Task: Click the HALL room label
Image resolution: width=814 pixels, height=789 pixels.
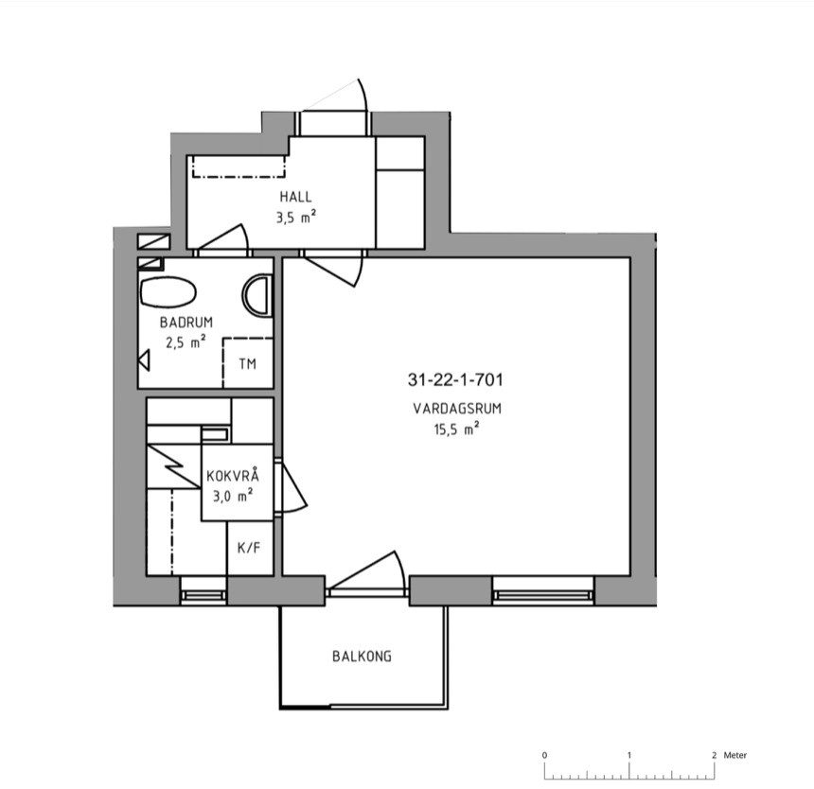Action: tap(296, 197)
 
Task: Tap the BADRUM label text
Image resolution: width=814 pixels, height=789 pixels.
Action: tap(186, 323)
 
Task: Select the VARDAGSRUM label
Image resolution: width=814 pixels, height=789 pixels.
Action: tap(457, 409)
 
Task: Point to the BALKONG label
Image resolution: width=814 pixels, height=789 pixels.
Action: tap(362, 657)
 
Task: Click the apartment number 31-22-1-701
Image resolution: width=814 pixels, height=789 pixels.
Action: tap(455, 380)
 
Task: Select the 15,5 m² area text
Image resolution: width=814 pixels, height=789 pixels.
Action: tap(456, 430)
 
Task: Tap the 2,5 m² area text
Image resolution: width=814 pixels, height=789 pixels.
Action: tap(186, 342)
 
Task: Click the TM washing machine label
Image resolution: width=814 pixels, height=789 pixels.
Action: tap(248, 363)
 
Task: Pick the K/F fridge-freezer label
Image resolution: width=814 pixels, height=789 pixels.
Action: tap(249, 547)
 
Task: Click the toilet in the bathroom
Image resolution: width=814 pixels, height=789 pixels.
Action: tap(168, 292)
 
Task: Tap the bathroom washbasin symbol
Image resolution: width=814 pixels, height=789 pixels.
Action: tap(257, 296)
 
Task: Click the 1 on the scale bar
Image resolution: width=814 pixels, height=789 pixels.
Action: tap(629, 755)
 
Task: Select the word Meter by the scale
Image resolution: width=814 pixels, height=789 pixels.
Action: tap(735, 755)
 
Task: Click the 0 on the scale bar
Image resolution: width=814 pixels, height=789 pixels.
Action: tap(544, 755)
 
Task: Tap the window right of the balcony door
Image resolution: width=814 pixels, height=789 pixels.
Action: tap(543, 591)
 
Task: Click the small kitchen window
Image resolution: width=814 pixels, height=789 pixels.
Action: tap(203, 591)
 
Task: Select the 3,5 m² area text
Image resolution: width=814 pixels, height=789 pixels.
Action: tap(296, 217)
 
